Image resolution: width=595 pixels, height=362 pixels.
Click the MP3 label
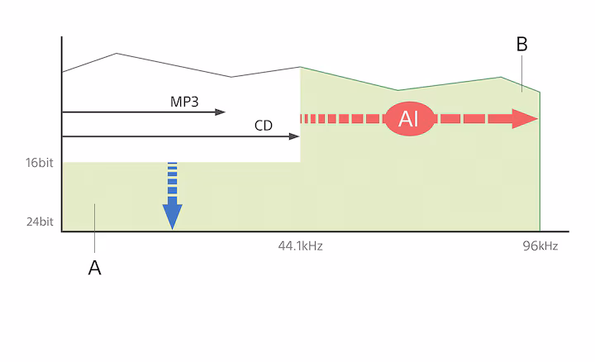tap(184, 101)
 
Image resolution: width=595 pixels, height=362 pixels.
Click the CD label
tap(264, 125)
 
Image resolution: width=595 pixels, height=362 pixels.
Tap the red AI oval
tap(408, 119)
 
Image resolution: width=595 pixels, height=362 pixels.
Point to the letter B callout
tap(521, 45)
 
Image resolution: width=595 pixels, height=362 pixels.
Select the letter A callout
tap(94, 268)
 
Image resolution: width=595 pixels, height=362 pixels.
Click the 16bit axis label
tap(40, 163)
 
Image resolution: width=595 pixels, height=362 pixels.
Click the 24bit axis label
tap(40, 221)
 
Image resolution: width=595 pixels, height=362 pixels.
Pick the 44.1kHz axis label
tap(300, 246)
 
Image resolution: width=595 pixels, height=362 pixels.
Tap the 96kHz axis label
tap(540, 246)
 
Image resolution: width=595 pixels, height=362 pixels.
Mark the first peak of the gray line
tap(117, 54)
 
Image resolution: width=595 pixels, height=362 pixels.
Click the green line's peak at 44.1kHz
tap(300, 67)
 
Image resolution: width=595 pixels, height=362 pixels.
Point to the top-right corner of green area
tap(540, 91)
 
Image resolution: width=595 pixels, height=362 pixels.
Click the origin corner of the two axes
tap(62, 232)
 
